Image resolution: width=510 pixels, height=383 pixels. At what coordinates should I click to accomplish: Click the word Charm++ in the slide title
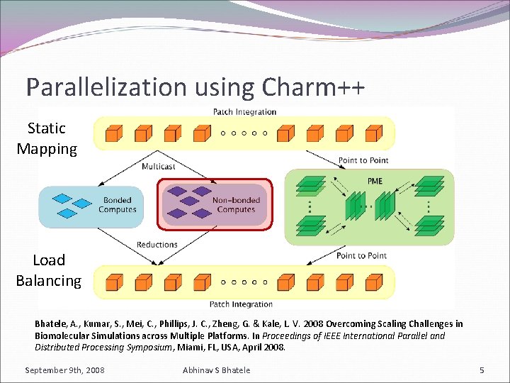[314, 87]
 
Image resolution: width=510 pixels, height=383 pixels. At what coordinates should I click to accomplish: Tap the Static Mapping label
[47, 138]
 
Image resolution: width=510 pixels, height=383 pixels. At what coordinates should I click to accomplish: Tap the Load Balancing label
[48, 270]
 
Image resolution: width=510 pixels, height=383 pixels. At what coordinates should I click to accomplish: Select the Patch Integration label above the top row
[244, 111]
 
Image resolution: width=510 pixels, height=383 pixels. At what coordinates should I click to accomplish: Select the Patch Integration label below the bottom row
[241, 304]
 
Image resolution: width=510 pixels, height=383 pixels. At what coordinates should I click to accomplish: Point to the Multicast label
[158, 167]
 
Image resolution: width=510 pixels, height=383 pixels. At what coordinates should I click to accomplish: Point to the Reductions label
[157, 245]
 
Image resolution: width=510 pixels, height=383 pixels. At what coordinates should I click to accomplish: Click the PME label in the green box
[375, 181]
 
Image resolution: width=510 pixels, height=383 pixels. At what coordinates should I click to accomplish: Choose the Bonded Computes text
[118, 205]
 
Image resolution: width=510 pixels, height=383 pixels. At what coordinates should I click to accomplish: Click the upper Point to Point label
[363, 160]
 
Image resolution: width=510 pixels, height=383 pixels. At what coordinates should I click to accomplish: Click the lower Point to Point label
[361, 255]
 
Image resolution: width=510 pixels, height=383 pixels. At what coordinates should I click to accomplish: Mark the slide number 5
[482, 370]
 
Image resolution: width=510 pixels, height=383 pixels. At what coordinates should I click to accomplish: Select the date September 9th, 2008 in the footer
[64, 370]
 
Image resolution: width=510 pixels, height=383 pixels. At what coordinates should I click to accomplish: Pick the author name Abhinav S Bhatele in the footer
[216, 370]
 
